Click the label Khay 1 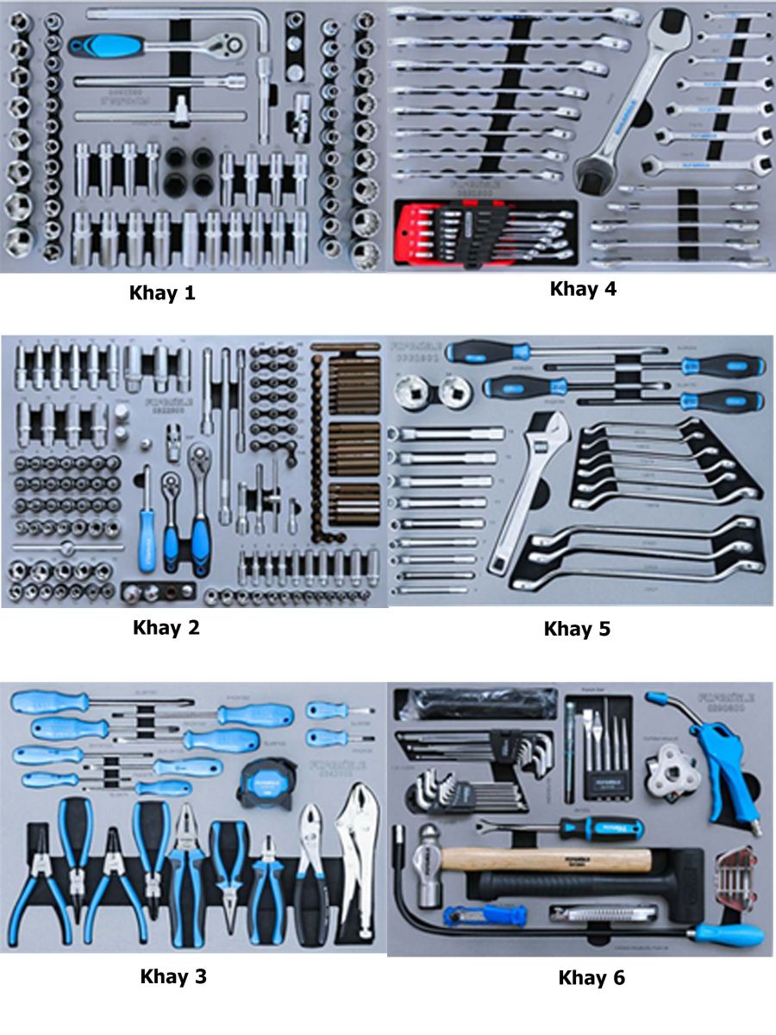point(162,292)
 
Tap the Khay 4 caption point(583,289)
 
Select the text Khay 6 point(591,977)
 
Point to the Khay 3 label point(173,976)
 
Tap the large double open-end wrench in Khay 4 point(634,95)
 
